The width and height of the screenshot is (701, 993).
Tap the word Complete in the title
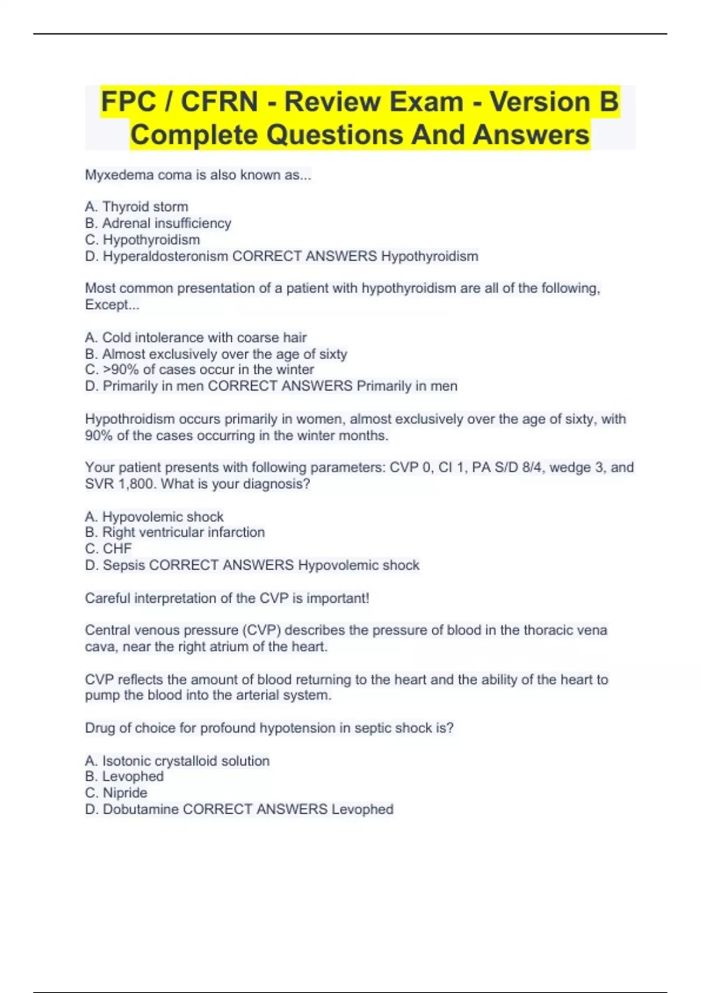[x=193, y=135]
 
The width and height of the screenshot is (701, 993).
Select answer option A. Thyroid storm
[x=137, y=207]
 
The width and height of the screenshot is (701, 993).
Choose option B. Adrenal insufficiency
[x=158, y=223]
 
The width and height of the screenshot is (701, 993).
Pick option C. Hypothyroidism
[x=143, y=239]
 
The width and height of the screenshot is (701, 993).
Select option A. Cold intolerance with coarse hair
[x=196, y=338]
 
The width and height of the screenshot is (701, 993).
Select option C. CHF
[x=109, y=548]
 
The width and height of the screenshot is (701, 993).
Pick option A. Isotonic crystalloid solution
[x=178, y=761]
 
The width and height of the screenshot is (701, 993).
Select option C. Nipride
[x=116, y=793]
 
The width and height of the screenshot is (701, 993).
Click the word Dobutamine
[x=141, y=810]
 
